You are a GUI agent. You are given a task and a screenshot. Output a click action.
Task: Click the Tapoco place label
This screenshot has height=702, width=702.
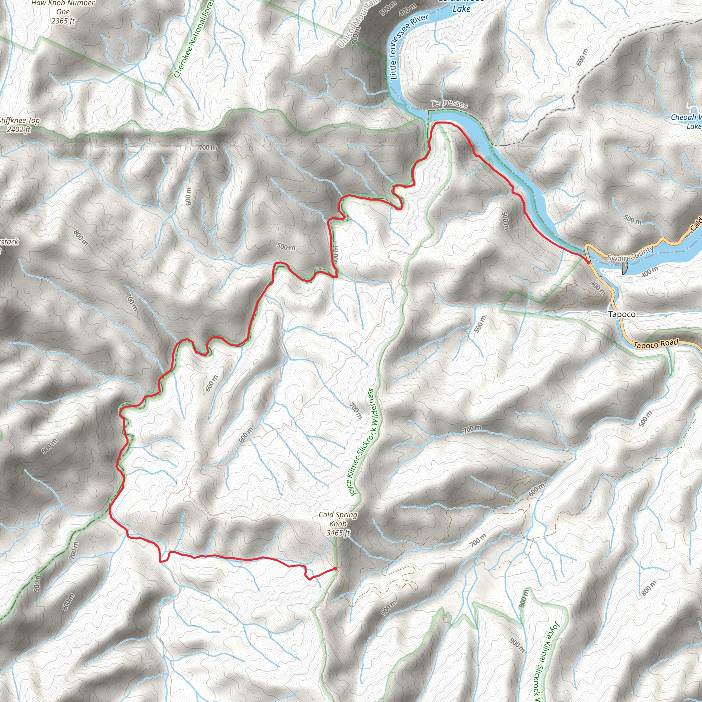622,314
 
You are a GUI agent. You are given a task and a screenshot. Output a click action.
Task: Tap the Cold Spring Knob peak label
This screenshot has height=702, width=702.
338,519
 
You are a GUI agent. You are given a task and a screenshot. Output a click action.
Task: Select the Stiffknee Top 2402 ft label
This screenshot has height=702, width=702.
19,125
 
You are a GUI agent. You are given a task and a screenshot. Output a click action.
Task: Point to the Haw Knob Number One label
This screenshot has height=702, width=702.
63,7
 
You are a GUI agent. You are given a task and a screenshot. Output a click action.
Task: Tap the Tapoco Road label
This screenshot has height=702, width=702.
655,344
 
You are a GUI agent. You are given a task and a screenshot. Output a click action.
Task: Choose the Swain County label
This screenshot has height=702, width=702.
630,253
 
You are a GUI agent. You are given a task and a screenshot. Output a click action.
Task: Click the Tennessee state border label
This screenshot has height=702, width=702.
449,104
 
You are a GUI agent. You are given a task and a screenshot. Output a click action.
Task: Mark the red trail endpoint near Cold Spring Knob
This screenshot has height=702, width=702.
335,569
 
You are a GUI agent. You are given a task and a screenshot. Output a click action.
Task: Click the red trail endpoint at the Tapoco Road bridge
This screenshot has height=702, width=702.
588,262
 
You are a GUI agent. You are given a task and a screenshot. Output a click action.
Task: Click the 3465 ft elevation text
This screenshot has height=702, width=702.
338,533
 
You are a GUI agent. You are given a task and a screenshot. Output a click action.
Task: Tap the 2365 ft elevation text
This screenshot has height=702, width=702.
63,21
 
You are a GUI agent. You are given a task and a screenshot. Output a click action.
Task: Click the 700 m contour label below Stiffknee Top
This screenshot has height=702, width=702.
208,148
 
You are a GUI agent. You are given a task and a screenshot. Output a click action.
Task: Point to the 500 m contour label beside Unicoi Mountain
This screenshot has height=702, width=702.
388,8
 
